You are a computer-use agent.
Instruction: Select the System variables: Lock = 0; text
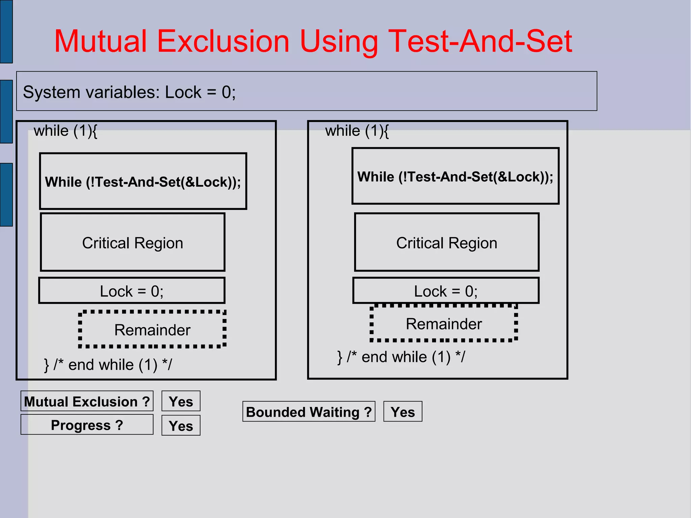point(129,92)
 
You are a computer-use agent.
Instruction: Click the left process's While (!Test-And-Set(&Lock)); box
point(143,182)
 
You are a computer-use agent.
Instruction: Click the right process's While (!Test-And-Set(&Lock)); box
point(455,176)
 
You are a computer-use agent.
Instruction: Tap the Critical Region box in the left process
point(133,243)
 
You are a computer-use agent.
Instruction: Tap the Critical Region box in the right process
point(446,243)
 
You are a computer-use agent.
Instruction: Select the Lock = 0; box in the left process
point(132,291)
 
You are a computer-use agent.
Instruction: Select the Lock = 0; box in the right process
point(446,291)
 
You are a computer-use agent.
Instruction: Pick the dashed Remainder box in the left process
point(152,330)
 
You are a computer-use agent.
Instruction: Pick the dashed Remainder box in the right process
point(444,324)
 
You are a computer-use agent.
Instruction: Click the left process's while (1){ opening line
point(65,131)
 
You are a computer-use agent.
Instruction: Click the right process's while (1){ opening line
point(357,131)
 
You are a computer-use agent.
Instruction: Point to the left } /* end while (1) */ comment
point(108,365)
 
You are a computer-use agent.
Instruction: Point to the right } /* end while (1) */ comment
point(401,357)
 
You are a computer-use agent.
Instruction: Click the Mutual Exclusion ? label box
point(87,401)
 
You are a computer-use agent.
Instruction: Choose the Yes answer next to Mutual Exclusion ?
point(181,401)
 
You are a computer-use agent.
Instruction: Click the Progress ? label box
point(87,425)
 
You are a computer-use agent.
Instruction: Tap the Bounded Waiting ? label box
point(309,412)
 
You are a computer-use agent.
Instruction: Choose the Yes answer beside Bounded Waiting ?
point(403,412)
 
